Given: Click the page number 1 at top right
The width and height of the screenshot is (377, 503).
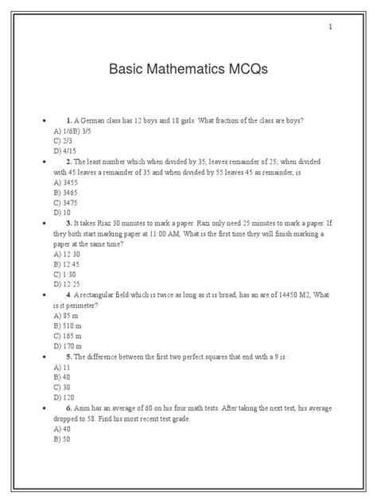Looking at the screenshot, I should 330,29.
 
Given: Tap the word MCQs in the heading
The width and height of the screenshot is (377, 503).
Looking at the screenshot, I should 248,70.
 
